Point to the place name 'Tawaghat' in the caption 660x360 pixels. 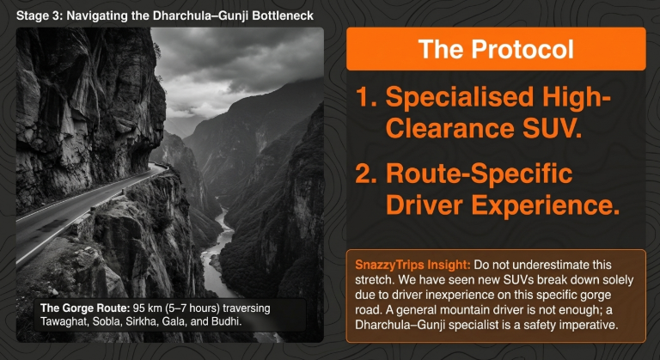coord(65,322)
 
